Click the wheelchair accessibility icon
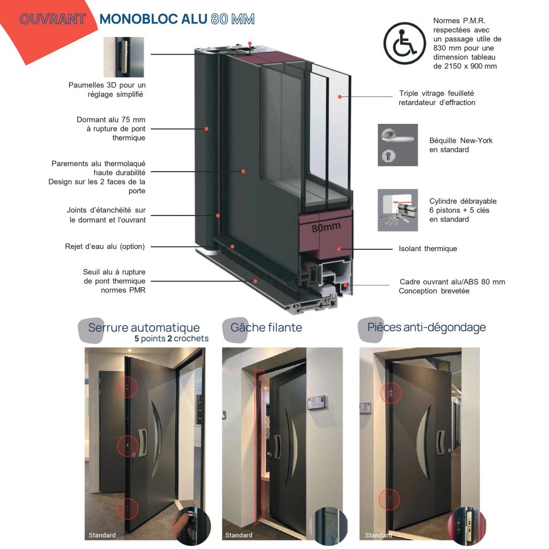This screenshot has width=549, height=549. pos(405,43)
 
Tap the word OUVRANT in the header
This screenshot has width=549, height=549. pos(53,20)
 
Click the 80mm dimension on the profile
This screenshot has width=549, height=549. pos(326,227)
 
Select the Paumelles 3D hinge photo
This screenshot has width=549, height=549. pos(124,57)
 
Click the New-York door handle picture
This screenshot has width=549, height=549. pos(397,145)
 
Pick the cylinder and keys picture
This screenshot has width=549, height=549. pos(397,210)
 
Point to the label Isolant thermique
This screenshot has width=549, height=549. pos(427,249)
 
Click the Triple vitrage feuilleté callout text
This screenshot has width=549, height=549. pos(436,98)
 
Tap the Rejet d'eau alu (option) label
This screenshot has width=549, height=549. pos(105,247)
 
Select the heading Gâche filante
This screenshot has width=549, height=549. pos(266,327)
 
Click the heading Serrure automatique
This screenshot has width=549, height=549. pos(144,328)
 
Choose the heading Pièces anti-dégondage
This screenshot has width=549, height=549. pos(426,327)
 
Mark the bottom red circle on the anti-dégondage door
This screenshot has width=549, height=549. pos(389,500)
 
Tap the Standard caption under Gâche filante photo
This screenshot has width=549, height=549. pos(239,535)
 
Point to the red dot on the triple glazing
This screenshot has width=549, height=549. pos(339,97)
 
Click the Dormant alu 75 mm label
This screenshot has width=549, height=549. pos(111,129)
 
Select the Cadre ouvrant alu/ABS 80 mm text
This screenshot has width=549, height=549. pos(452,286)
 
